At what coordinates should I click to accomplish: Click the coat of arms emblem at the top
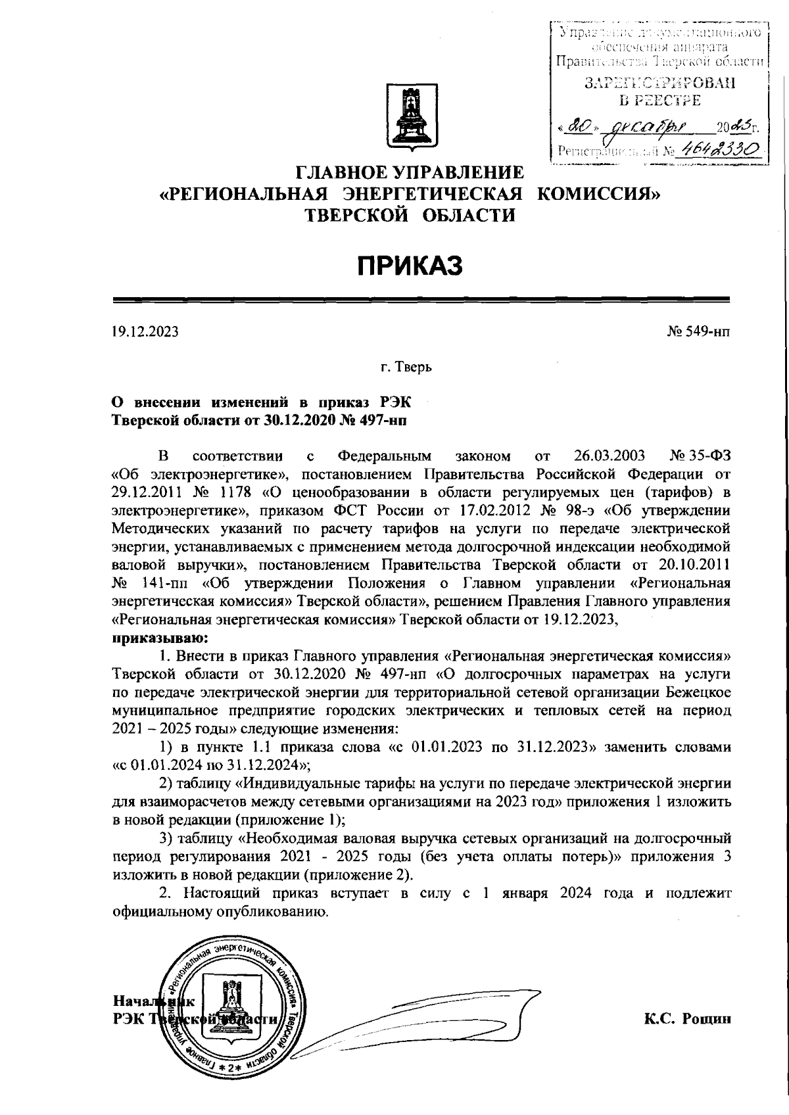click(411, 116)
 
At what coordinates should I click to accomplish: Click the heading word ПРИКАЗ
click(410, 266)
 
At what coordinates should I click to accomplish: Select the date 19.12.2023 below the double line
click(145, 333)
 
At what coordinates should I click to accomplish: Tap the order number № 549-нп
click(698, 333)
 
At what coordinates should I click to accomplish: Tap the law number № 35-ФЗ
click(700, 456)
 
